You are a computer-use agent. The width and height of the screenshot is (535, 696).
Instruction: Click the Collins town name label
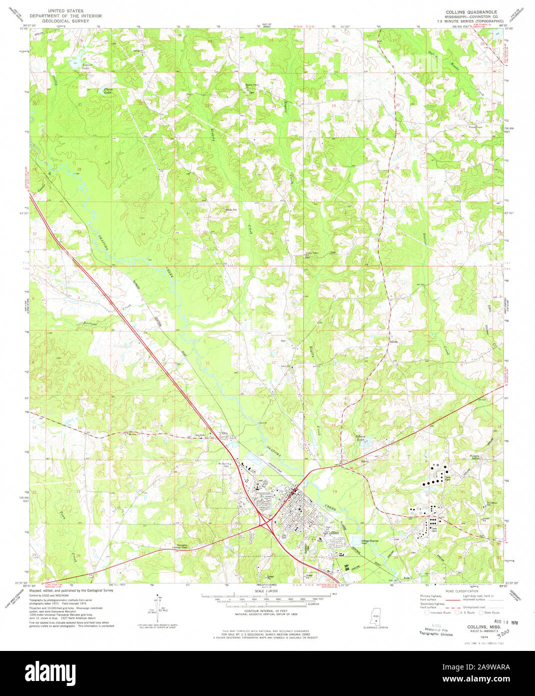(x=332, y=533)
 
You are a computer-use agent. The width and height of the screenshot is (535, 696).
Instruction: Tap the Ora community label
(x=224, y=434)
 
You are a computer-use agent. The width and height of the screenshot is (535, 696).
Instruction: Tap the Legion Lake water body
(x=76, y=63)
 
